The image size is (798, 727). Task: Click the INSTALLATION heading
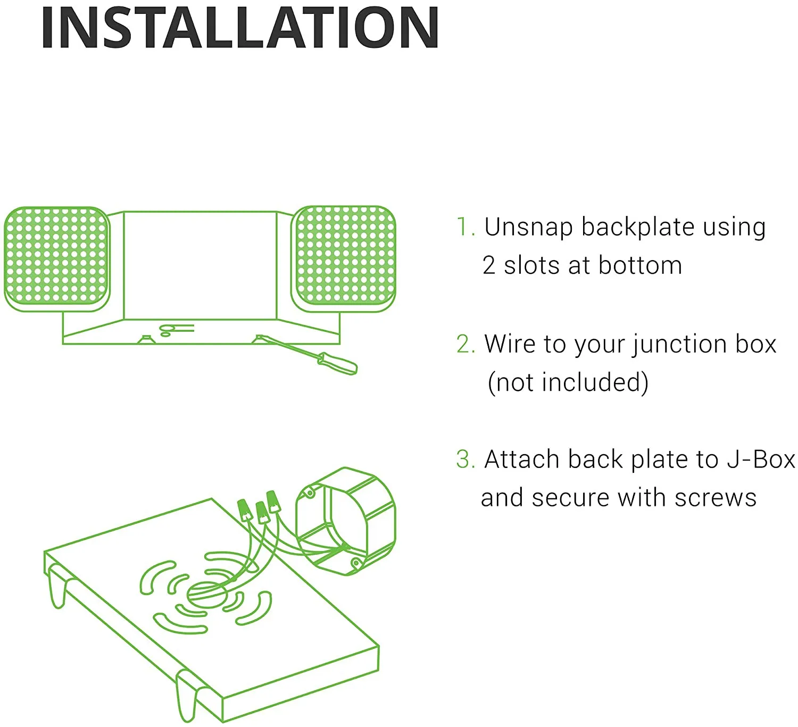[239, 29]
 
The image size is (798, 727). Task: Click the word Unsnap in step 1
[528, 228]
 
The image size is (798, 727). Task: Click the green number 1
[464, 228]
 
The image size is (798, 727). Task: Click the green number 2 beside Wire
[464, 345]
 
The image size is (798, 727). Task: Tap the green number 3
[464, 460]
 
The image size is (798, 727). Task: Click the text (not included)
[568, 383]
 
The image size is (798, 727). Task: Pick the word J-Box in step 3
[761, 460]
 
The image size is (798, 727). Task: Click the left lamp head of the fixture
[56, 258]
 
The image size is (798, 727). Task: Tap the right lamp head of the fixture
[344, 258]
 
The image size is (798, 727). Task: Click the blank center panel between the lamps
[200, 265]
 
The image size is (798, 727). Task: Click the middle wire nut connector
[261, 512]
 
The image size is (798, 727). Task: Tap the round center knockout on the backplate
[207, 595]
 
